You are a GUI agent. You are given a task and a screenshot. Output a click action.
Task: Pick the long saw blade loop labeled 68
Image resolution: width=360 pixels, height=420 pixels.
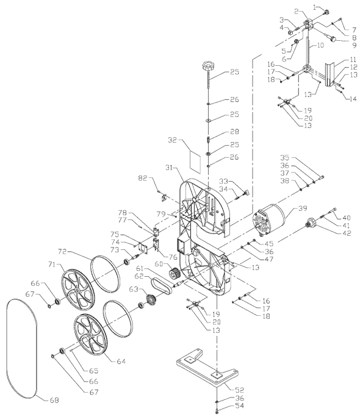point(25,354)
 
